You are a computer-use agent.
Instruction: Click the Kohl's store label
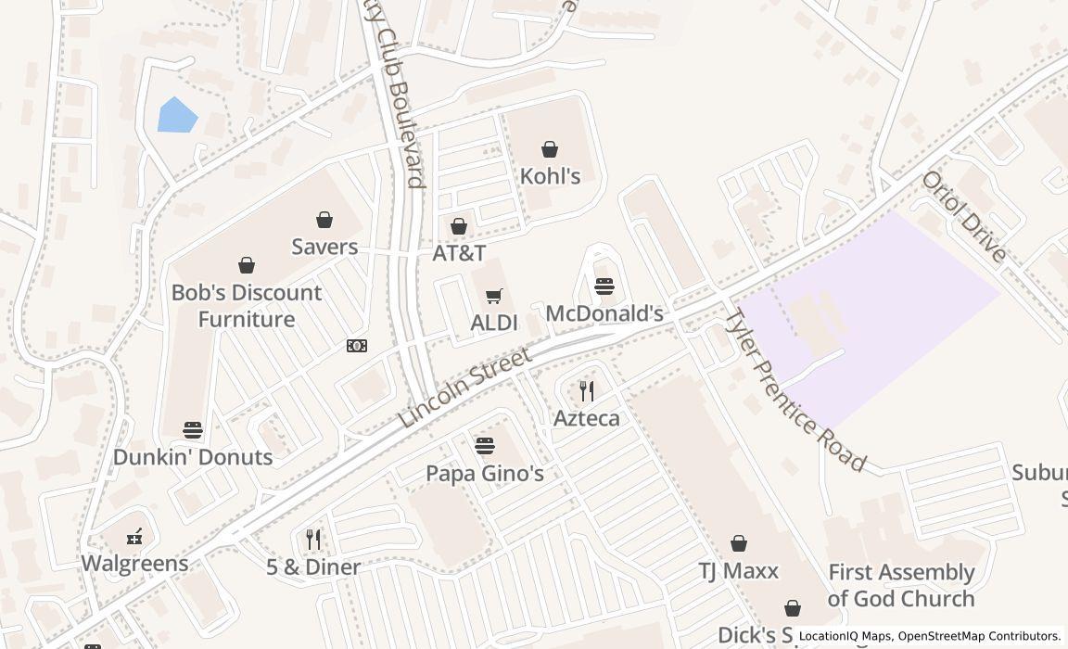(x=550, y=176)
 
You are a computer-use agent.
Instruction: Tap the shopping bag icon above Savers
(x=324, y=220)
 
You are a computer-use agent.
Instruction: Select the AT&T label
(x=459, y=253)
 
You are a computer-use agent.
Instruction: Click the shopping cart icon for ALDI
(x=494, y=297)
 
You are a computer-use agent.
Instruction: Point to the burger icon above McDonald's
(x=604, y=286)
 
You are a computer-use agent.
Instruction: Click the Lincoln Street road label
(x=465, y=388)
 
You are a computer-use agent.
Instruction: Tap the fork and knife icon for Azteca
(x=586, y=391)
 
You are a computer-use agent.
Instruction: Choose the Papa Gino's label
(x=484, y=474)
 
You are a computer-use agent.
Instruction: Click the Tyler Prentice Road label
(x=794, y=390)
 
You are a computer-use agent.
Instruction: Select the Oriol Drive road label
(x=963, y=216)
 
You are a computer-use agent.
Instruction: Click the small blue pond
(x=176, y=115)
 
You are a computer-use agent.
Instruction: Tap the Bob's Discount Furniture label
(x=247, y=306)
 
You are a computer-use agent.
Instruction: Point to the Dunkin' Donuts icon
(x=193, y=430)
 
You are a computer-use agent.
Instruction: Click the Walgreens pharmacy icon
(x=134, y=536)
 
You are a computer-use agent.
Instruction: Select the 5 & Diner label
(x=313, y=566)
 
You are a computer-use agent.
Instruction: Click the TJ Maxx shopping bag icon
(x=739, y=543)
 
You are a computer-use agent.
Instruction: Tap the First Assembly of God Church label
(x=901, y=585)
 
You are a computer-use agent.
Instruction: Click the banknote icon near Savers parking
(x=357, y=346)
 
